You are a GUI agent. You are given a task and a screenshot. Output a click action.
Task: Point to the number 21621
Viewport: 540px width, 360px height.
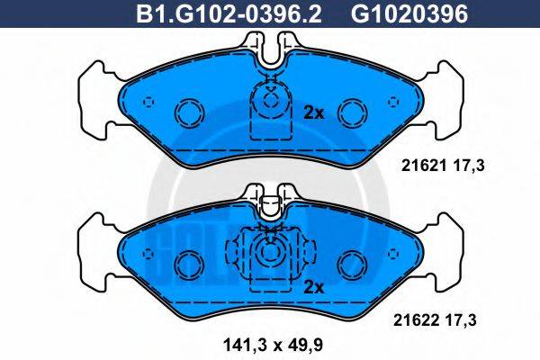418,165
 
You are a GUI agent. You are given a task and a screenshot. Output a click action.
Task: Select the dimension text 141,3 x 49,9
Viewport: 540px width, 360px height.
268,343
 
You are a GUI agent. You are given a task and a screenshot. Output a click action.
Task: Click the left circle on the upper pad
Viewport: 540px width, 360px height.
190,112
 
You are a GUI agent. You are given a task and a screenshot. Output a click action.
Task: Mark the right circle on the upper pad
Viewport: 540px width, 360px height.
350,112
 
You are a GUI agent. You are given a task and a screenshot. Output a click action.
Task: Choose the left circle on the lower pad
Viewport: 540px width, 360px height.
190,264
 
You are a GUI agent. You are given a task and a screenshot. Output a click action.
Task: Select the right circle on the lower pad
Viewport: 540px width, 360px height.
350,264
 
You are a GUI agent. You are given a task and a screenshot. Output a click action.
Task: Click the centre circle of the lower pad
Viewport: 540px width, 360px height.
269,253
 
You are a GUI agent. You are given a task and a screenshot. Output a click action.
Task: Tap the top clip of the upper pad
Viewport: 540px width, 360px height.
269,49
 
